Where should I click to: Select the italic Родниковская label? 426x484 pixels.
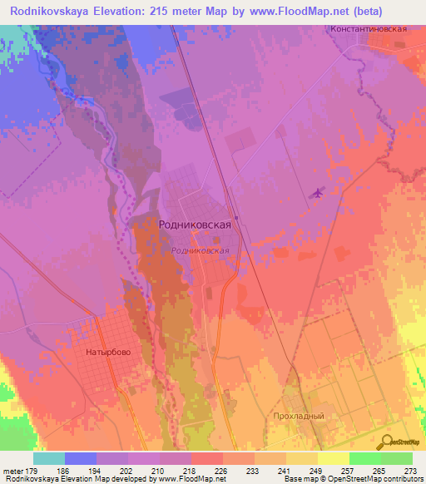pyautogui.click(x=199, y=249)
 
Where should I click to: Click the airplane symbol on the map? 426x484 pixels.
pyautogui.click(x=316, y=194)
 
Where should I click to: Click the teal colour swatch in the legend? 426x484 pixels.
pyautogui.click(x=49, y=457)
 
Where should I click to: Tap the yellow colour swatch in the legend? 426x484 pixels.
pyautogui.click(x=334, y=457)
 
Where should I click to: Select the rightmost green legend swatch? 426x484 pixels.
pyautogui.click(x=397, y=457)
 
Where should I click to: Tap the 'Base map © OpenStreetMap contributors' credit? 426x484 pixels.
pyautogui.click(x=353, y=479)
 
